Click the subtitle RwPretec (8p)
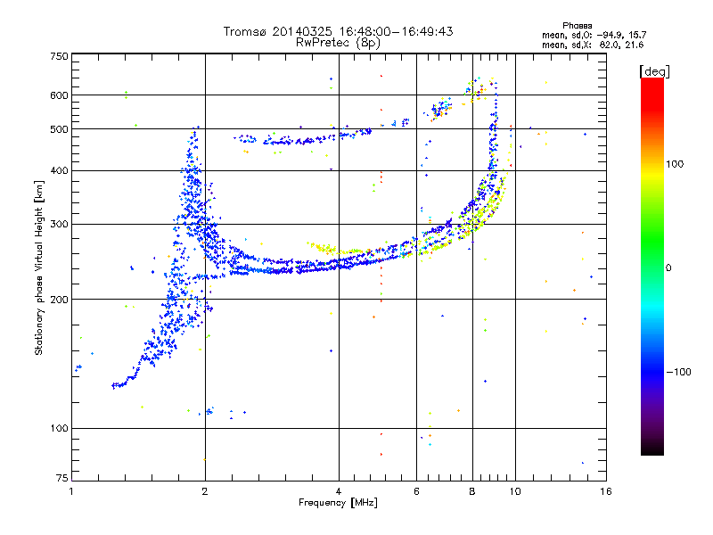(x=338, y=42)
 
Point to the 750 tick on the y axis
(x=59, y=56)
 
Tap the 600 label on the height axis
(x=59, y=95)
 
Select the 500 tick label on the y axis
(x=59, y=129)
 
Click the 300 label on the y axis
(x=59, y=224)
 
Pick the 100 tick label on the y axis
(x=59, y=428)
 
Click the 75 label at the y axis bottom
(x=62, y=478)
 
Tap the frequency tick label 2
(x=205, y=491)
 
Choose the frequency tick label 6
(x=416, y=491)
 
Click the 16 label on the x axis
(x=606, y=491)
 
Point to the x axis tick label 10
(x=515, y=491)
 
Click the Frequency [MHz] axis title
(x=338, y=503)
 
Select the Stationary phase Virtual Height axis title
(x=38, y=268)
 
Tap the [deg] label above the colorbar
(x=654, y=71)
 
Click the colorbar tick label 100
(x=675, y=164)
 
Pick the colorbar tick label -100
(x=679, y=372)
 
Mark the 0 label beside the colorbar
(x=668, y=268)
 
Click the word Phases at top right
(x=577, y=26)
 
